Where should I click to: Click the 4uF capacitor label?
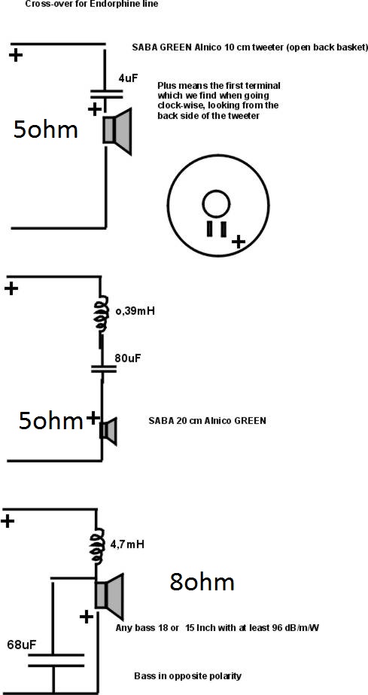click(129, 78)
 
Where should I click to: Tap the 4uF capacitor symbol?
click(106, 93)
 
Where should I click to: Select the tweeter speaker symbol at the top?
click(117, 131)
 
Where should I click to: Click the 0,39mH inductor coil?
click(102, 314)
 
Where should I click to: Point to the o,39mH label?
click(135, 311)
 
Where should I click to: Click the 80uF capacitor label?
click(127, 358)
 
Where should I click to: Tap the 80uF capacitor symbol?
click(104, 369)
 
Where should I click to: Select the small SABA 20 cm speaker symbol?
click(108, 431)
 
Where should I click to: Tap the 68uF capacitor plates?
click(56, 660)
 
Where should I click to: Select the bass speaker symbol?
click(109, 596)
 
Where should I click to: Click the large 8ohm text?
click(202, 582)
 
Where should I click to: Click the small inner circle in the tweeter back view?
click(216, 204)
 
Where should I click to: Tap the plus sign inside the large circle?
click(239, 242)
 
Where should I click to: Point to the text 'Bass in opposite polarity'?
click(188, 676)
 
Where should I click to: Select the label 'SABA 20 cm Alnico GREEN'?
click(207, 421)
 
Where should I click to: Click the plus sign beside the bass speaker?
click(87, 616)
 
